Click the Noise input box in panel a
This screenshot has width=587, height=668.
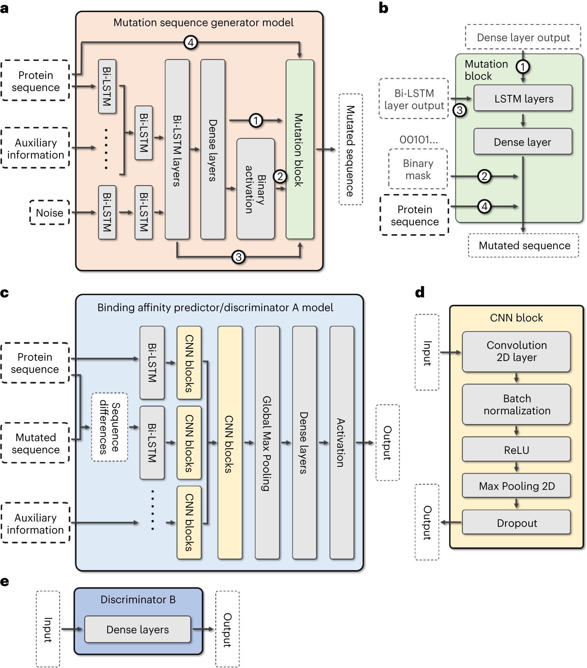coord(49,213)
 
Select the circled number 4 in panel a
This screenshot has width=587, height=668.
coord(190,42)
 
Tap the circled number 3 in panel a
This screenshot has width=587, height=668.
coord(238,257)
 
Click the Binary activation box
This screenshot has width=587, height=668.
coord(255,189)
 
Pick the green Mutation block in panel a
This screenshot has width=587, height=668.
coord(300,150)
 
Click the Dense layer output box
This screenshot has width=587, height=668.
coord(523,37)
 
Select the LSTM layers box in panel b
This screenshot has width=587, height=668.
coord(523,99)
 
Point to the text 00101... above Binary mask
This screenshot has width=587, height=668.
coord(418,140)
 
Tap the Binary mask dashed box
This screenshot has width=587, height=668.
coord(418,169)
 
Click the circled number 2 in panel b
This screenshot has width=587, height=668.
coord(484,176)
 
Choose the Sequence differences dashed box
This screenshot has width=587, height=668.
coord(110,427)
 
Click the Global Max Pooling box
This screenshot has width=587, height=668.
coord(267,443)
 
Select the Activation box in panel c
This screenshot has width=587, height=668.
coord(341,443)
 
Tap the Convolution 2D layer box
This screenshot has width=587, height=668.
coord(516,351)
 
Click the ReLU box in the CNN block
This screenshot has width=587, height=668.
coord(516,450)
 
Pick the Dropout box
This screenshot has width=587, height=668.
coord(516,523)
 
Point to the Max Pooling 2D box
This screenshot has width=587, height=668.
coord(516,486)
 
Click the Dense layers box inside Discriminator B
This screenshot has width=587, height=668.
coord(138,629)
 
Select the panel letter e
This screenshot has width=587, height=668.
coord(5,582)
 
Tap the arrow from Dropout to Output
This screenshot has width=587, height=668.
coord(451,522)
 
